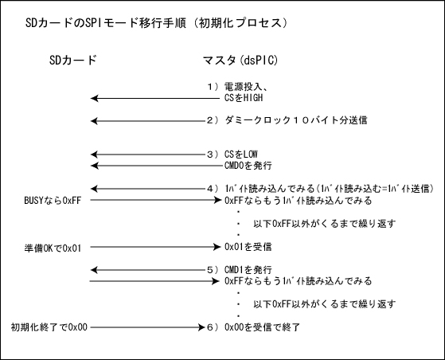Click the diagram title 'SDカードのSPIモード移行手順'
tap(106, 23)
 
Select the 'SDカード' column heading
tap(73, 61)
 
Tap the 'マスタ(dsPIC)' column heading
tap(240, 61)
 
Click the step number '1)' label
tap(213, 87)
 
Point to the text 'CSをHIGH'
tap(244, 98)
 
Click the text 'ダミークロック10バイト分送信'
tap(296, 120)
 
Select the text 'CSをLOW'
tap(241, 155)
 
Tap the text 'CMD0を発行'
tap(248, 165)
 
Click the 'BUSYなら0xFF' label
tap(53, 201)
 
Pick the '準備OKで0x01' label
tap(53, 248)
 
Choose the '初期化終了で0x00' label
tap(49, 327)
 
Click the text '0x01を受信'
tap(248, 247)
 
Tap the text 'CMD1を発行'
tap(248, 269)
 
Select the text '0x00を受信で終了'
tap(262, 327)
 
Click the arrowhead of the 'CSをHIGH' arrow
tap(94, 98)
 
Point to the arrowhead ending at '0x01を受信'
tap(217, 247)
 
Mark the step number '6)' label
tap(213, 327)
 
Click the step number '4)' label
tap(213, 188)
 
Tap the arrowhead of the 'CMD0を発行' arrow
tap(94, 166)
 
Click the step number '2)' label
tap(213, 120)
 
